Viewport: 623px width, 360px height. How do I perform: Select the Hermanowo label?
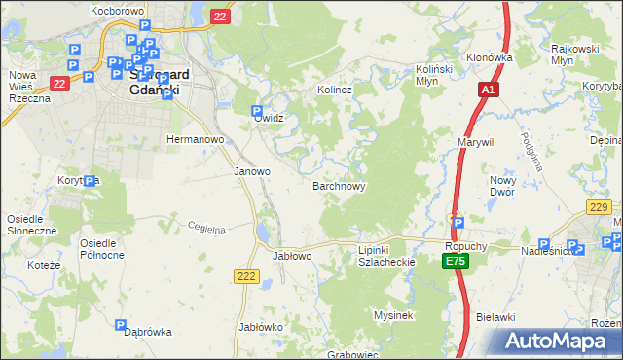[196, 139]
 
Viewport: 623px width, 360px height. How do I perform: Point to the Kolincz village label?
[334, 90]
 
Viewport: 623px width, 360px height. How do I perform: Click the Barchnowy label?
[339, 184]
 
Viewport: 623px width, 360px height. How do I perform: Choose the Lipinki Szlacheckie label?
[387, 256]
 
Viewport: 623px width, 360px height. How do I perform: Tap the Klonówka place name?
[489, 57]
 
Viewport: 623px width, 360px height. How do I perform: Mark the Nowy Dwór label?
[501, 186]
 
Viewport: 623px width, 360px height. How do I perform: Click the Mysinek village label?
[394, 315]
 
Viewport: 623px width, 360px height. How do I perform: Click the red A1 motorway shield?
[490, 90]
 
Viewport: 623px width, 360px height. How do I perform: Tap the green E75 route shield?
[455, 262]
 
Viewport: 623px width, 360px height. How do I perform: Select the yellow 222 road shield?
[245, 277]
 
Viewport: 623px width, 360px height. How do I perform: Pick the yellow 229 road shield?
[600, 206]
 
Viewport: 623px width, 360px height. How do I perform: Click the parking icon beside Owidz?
[257, 111]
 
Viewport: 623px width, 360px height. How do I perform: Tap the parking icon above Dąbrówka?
[121, 326]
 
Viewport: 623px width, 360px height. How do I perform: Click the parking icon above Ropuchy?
[458, 222]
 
